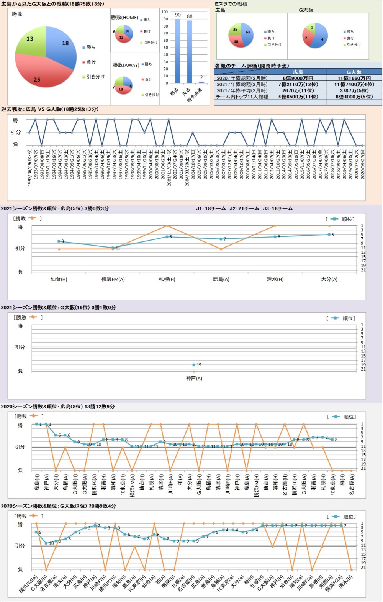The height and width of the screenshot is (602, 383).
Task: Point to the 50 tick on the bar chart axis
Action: click(165, 48)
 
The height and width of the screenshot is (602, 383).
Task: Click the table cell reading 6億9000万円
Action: click(298, 78)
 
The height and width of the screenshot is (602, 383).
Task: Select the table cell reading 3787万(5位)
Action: click(354, 90)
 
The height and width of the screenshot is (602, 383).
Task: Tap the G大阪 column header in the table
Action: click(354, 72)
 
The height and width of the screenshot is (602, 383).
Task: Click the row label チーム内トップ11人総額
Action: click(242, 97)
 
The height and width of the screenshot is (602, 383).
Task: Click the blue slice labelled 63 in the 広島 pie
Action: click(247, 34)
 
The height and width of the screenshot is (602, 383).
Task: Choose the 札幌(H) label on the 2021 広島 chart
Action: click(167, 279)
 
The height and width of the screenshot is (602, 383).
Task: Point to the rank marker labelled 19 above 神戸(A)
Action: click(194, 365)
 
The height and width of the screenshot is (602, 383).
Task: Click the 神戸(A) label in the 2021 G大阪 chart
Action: click(194, 378)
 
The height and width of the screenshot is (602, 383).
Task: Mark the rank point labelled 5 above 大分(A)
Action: click(329, 235)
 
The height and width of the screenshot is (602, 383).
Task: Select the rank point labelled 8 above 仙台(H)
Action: click(59, 241)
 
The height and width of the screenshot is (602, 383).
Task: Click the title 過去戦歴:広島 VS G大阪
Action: click(50, 109)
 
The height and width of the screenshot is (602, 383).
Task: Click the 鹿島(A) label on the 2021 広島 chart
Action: click(221, 279)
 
